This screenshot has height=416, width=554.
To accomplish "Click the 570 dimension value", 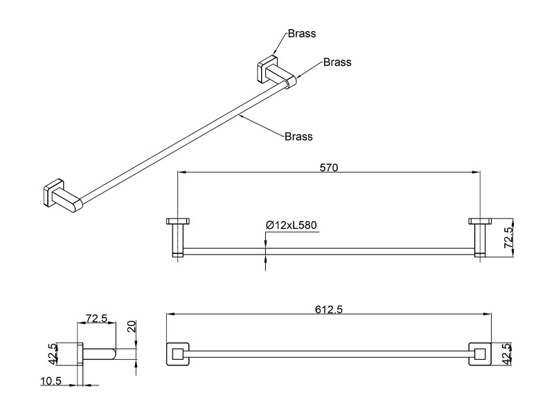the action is point(329,167).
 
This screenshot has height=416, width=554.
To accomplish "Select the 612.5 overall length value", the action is point(329,309).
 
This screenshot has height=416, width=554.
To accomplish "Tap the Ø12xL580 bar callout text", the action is point(292,225).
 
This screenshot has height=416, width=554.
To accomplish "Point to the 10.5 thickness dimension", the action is point(51,381).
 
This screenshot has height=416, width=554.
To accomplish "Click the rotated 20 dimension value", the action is point(132,326).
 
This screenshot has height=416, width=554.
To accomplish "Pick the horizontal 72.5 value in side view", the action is point(96,318).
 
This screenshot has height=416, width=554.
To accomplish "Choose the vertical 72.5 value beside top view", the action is point(508,237).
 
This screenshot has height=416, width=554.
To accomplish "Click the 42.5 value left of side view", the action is point(53,354).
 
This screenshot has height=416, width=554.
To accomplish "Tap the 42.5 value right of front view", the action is point(507,354).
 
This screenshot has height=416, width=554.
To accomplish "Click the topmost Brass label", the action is point(302,33).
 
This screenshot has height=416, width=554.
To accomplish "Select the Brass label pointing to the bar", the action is point(298,137).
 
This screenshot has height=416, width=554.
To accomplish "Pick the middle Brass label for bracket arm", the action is point(337,62).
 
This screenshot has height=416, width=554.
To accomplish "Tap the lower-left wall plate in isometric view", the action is point(53,193).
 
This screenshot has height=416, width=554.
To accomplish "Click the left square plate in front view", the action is point(177,354).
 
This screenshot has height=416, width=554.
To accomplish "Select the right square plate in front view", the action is point(480,354).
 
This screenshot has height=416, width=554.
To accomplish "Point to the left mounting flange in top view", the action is point(178,221).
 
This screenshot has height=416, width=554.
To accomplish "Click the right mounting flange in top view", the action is point(480,221).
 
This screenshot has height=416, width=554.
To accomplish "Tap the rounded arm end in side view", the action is point(113,354).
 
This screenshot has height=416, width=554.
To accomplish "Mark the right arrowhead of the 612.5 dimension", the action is point(488,314).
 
